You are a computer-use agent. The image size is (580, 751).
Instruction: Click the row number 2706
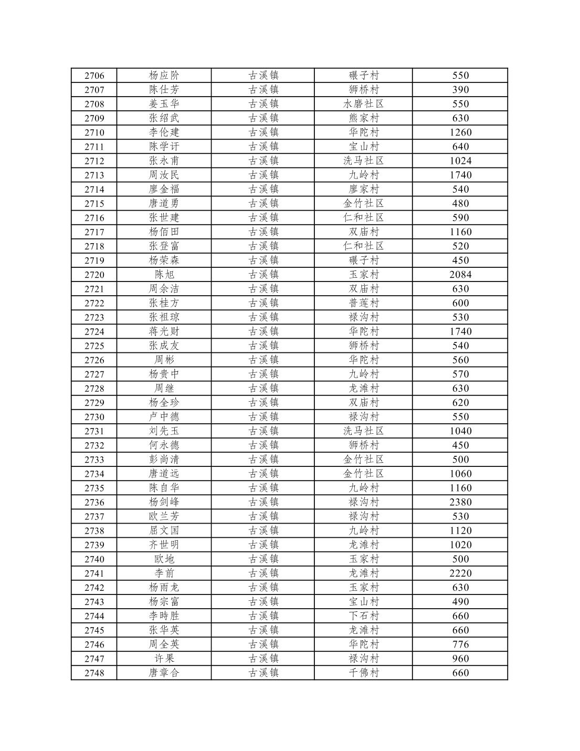pos(94,76)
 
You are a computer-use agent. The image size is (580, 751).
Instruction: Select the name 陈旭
pos(164,275)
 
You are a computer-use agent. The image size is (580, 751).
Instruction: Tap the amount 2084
pos(460,275)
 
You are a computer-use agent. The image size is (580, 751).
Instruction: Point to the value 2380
pos(460,502)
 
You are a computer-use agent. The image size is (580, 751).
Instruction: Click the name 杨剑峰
pos(164,502)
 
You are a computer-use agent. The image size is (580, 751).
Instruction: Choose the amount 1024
pos(460,161)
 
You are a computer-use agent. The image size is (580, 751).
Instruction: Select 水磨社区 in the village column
pos(363,104)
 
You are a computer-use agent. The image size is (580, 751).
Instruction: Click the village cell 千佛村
pos(363,673)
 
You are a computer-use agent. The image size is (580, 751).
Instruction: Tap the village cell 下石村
pos(363,616)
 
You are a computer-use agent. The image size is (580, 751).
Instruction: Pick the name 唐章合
pos(164,673)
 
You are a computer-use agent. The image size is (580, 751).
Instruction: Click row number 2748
pos(94,673)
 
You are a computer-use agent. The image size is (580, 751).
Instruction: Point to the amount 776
pos(460,644)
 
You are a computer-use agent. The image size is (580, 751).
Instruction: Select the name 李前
pos(164,573)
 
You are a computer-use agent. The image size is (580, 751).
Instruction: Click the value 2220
pos(460,573)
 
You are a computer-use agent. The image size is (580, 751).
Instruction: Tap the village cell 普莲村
pos(363,303)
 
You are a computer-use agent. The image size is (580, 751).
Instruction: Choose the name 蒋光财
pos(164,331)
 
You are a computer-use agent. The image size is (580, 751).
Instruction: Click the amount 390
pos(460,90)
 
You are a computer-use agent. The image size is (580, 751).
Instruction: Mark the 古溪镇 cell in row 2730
pos(263,417)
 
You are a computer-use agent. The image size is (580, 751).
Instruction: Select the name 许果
pos(164,659)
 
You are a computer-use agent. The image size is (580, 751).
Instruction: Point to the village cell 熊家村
pos(363,118)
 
